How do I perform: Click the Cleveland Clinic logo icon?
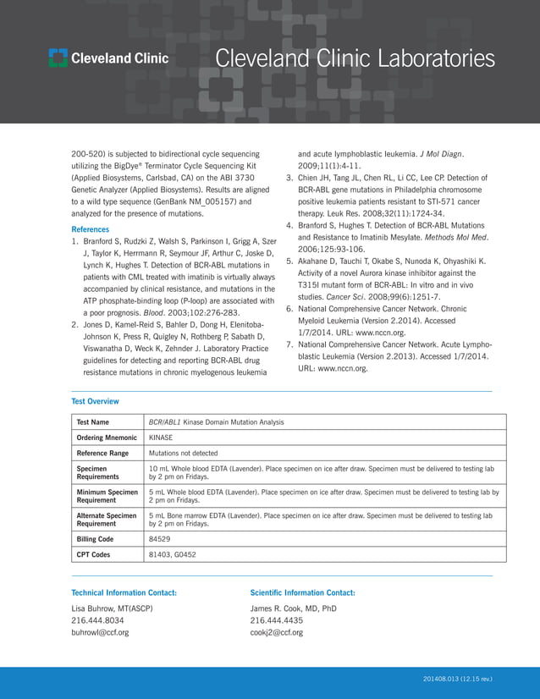pos(58,58)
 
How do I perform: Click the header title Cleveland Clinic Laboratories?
pos(355,58)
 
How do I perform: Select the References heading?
pos(90,229)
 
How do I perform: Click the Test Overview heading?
pos(95,401)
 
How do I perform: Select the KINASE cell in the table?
pos(161,438)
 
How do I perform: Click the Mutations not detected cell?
pos(183,454)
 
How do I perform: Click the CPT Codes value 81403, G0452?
pos(172,554)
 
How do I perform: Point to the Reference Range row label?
pos(102,454)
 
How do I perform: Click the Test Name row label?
pos(92,421)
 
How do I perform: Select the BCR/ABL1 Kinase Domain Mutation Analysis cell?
pos(216,421)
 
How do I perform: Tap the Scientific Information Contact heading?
pos(302,592)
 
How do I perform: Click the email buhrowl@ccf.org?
pos(100,632)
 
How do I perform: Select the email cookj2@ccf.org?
pos(276,632)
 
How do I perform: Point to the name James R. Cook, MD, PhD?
pos(293,608)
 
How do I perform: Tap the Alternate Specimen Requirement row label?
pos(106,519)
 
